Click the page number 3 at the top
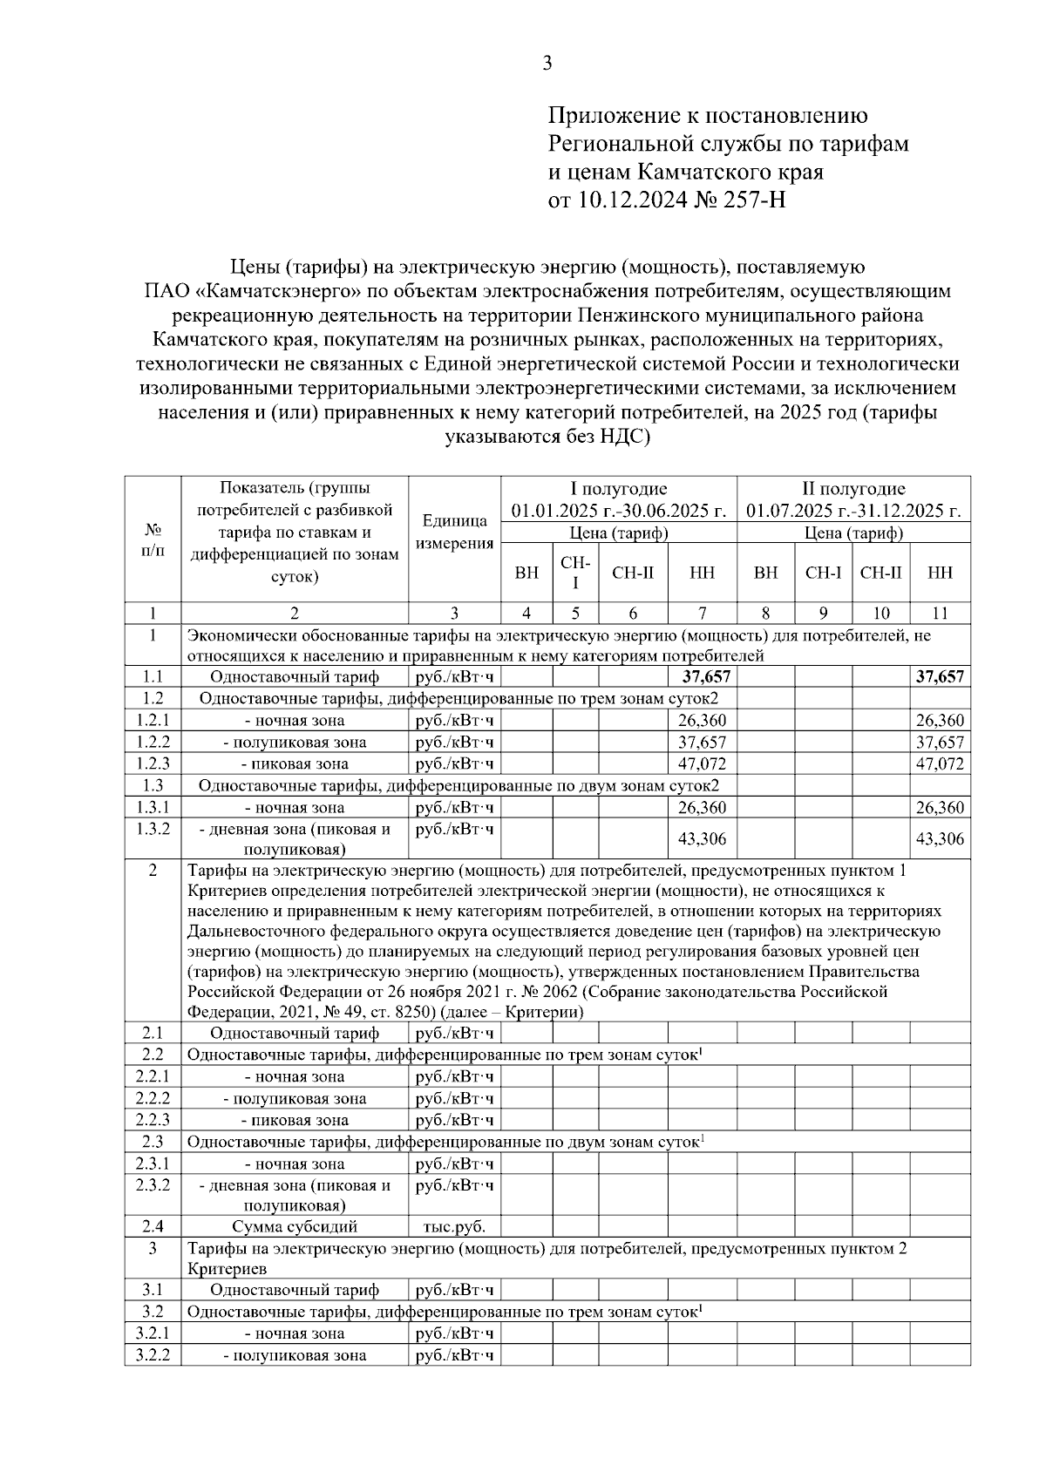(x=547, y=63)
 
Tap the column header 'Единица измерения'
(x=454, y=532)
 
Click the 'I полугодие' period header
(x=618, y=489)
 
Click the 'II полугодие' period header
(x=853, y=489)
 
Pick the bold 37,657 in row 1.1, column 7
(x=705, y=677)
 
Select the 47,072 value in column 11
(x=940, y=763)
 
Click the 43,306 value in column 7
(x=702, y=838)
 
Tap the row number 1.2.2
(x=153, y=742)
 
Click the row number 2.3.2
(x=153, y=1185)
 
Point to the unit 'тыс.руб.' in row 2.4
(x=454, y=1227)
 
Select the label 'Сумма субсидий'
(x=295, y=1227)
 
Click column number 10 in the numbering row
(x=880, y=613)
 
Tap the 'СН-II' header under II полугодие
(x=880, y=573)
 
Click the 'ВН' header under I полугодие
(x=526, y=573)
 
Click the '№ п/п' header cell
(x=153, y=539)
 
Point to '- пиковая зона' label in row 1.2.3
(x=295, y=763)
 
